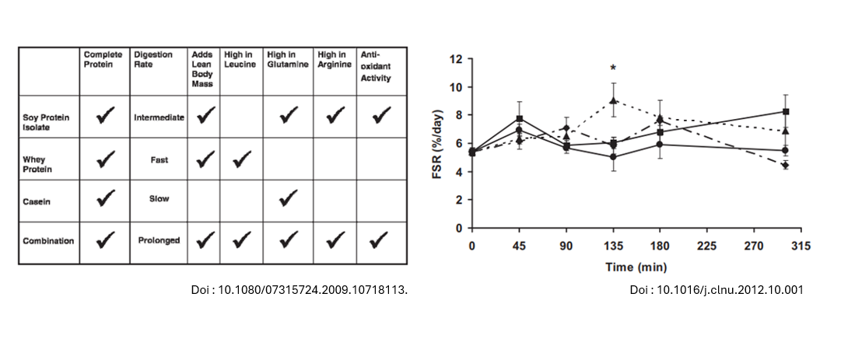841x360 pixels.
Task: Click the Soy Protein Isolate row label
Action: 46,122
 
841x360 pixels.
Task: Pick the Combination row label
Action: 48,241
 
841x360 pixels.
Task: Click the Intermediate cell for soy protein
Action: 159,117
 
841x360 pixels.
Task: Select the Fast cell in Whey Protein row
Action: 159,159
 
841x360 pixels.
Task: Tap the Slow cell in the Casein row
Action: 159,199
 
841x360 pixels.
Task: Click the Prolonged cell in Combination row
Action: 159,240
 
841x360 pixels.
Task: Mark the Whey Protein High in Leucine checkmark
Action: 242,159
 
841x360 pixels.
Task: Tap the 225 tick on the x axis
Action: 707,246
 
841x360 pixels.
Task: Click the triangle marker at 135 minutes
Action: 614,100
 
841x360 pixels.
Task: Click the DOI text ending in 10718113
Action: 300,290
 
